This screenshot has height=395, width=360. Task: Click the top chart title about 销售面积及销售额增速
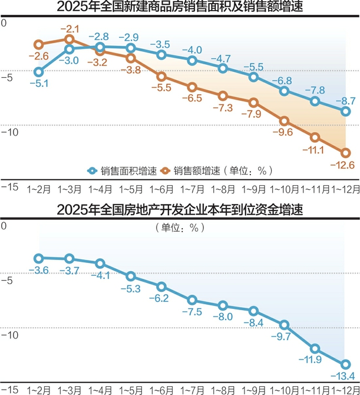tap(180, 8)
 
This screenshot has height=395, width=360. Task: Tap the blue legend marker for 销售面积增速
tap(92, 170)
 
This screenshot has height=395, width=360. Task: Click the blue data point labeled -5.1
tap(39, 72)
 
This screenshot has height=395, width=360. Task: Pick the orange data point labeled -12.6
tap(346, 153)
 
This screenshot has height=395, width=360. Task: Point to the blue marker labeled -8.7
tap(346, 111)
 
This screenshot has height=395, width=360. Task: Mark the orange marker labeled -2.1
tap(70, 39)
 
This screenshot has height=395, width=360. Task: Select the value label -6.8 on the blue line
tap(285, 80)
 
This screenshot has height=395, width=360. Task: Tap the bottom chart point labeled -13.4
tap(346, 364)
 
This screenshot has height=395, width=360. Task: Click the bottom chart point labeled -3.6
tap(39, 258)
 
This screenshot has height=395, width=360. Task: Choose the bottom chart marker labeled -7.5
tap(192, 300)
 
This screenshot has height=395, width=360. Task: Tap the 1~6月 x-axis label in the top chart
tap(161, 189)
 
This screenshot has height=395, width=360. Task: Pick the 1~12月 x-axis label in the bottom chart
tap(345, 390)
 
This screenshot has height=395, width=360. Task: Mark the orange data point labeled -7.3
tap(223, 96)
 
